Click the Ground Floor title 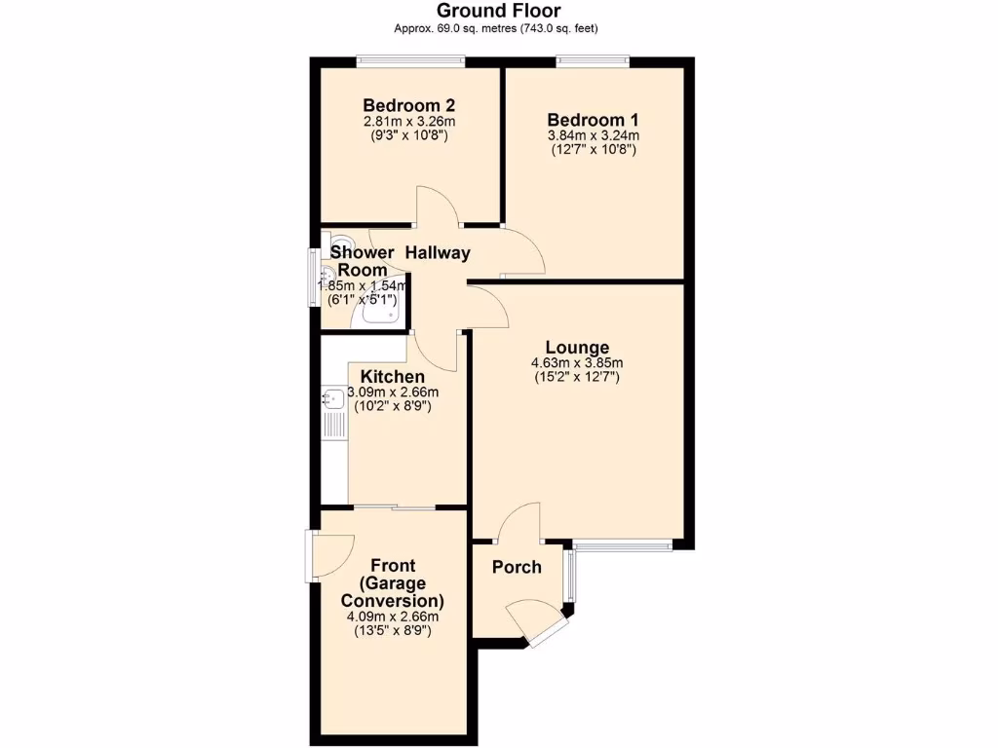498,11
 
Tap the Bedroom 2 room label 409,105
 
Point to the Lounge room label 577,348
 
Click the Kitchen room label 392,377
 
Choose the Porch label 517,567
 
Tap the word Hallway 438,253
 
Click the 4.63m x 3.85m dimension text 577,363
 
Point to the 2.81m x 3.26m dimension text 409,122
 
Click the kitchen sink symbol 331,396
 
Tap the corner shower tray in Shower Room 380,310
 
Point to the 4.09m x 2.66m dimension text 392,616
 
